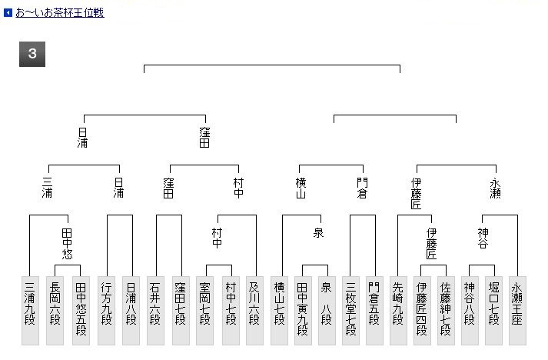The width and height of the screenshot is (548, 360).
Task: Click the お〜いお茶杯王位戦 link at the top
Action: pyautogui.click(x=60, y=12)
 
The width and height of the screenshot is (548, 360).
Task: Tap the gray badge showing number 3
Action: pyautogui.click(x=32, y=54)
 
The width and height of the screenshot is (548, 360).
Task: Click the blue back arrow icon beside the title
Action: pyautogui.click(x=8, y=13)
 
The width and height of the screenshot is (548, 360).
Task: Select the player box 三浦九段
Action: pyautogui.click(x=30, y=311)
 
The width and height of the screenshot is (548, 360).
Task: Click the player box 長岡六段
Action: pyautogui.click(x=55, y=311)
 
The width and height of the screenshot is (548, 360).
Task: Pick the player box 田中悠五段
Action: pyautogui.click(x=81, y=311)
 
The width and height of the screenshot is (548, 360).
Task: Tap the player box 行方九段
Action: pyautogui.click(x=106, y=311)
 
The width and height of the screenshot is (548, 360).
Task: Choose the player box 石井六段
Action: pyautogui.click(x=155, y=311)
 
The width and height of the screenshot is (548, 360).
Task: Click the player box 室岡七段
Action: pyautogui.click(x=204, y=311)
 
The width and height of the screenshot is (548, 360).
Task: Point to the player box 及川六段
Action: pyautogui.click(x=254, y=311)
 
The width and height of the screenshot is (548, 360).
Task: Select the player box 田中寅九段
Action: pyautogui.click(x=303, y=311)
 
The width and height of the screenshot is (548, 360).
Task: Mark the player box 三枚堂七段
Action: pyautogui.click(x=350, y=311)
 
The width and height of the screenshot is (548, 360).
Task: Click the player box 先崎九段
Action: pyautogui.click(x=398, y=311)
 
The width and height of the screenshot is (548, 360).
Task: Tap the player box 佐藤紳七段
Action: pyautogui.click(x=446, y=311)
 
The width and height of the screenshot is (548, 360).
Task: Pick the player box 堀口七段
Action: pyautogui.click(x=493, y=311)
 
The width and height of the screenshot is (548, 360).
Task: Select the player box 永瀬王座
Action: pyautogui.click(x=517, y=311)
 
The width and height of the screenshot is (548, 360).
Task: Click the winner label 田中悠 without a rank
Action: pyautogui.click(x=67, y=244)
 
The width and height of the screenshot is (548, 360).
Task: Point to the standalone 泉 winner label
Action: pyautogui.click(x=318, y=232)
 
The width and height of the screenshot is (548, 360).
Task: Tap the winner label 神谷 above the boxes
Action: pyautogui.click(x=483, y=238)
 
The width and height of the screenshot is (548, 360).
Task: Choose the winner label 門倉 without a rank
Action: pyautogui.click(x=362, y=188)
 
